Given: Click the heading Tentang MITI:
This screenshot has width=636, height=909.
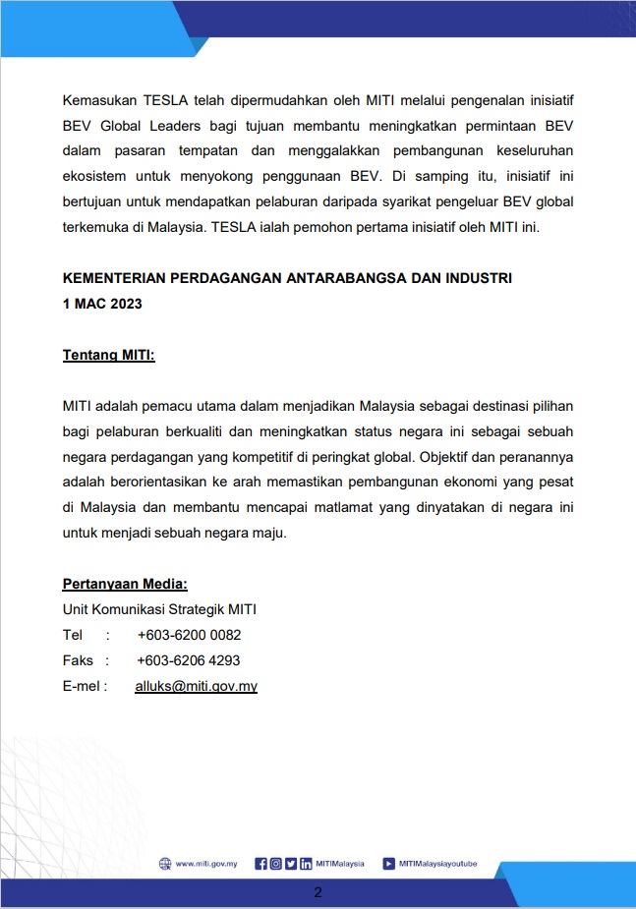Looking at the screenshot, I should (108, 354).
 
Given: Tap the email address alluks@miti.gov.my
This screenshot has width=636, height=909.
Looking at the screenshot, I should (196, 686).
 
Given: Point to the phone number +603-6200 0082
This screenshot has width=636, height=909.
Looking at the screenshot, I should (189, 635).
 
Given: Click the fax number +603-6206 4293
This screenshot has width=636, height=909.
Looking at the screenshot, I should (188, 660).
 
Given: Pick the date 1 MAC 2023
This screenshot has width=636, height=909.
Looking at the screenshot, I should (102, 304).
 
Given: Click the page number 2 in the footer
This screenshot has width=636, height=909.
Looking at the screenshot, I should (318, 892).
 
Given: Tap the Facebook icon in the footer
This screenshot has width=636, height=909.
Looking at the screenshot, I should (260, 864).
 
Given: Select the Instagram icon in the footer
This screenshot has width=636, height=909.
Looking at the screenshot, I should (275, 864).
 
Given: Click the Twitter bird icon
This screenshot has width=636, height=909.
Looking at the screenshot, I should (291, 864).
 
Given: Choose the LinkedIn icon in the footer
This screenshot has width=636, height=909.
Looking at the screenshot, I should (306, 864).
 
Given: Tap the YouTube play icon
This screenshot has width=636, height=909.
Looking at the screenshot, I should (389, 864).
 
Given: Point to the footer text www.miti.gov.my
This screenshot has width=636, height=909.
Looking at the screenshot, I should (205, 864).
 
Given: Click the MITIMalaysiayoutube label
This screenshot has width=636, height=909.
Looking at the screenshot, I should (437, 864).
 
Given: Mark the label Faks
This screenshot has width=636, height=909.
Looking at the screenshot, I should (78, 660).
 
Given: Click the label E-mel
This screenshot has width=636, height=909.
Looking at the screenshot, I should (82, 686).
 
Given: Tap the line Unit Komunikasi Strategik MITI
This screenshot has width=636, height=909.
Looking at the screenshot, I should (159, 609).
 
